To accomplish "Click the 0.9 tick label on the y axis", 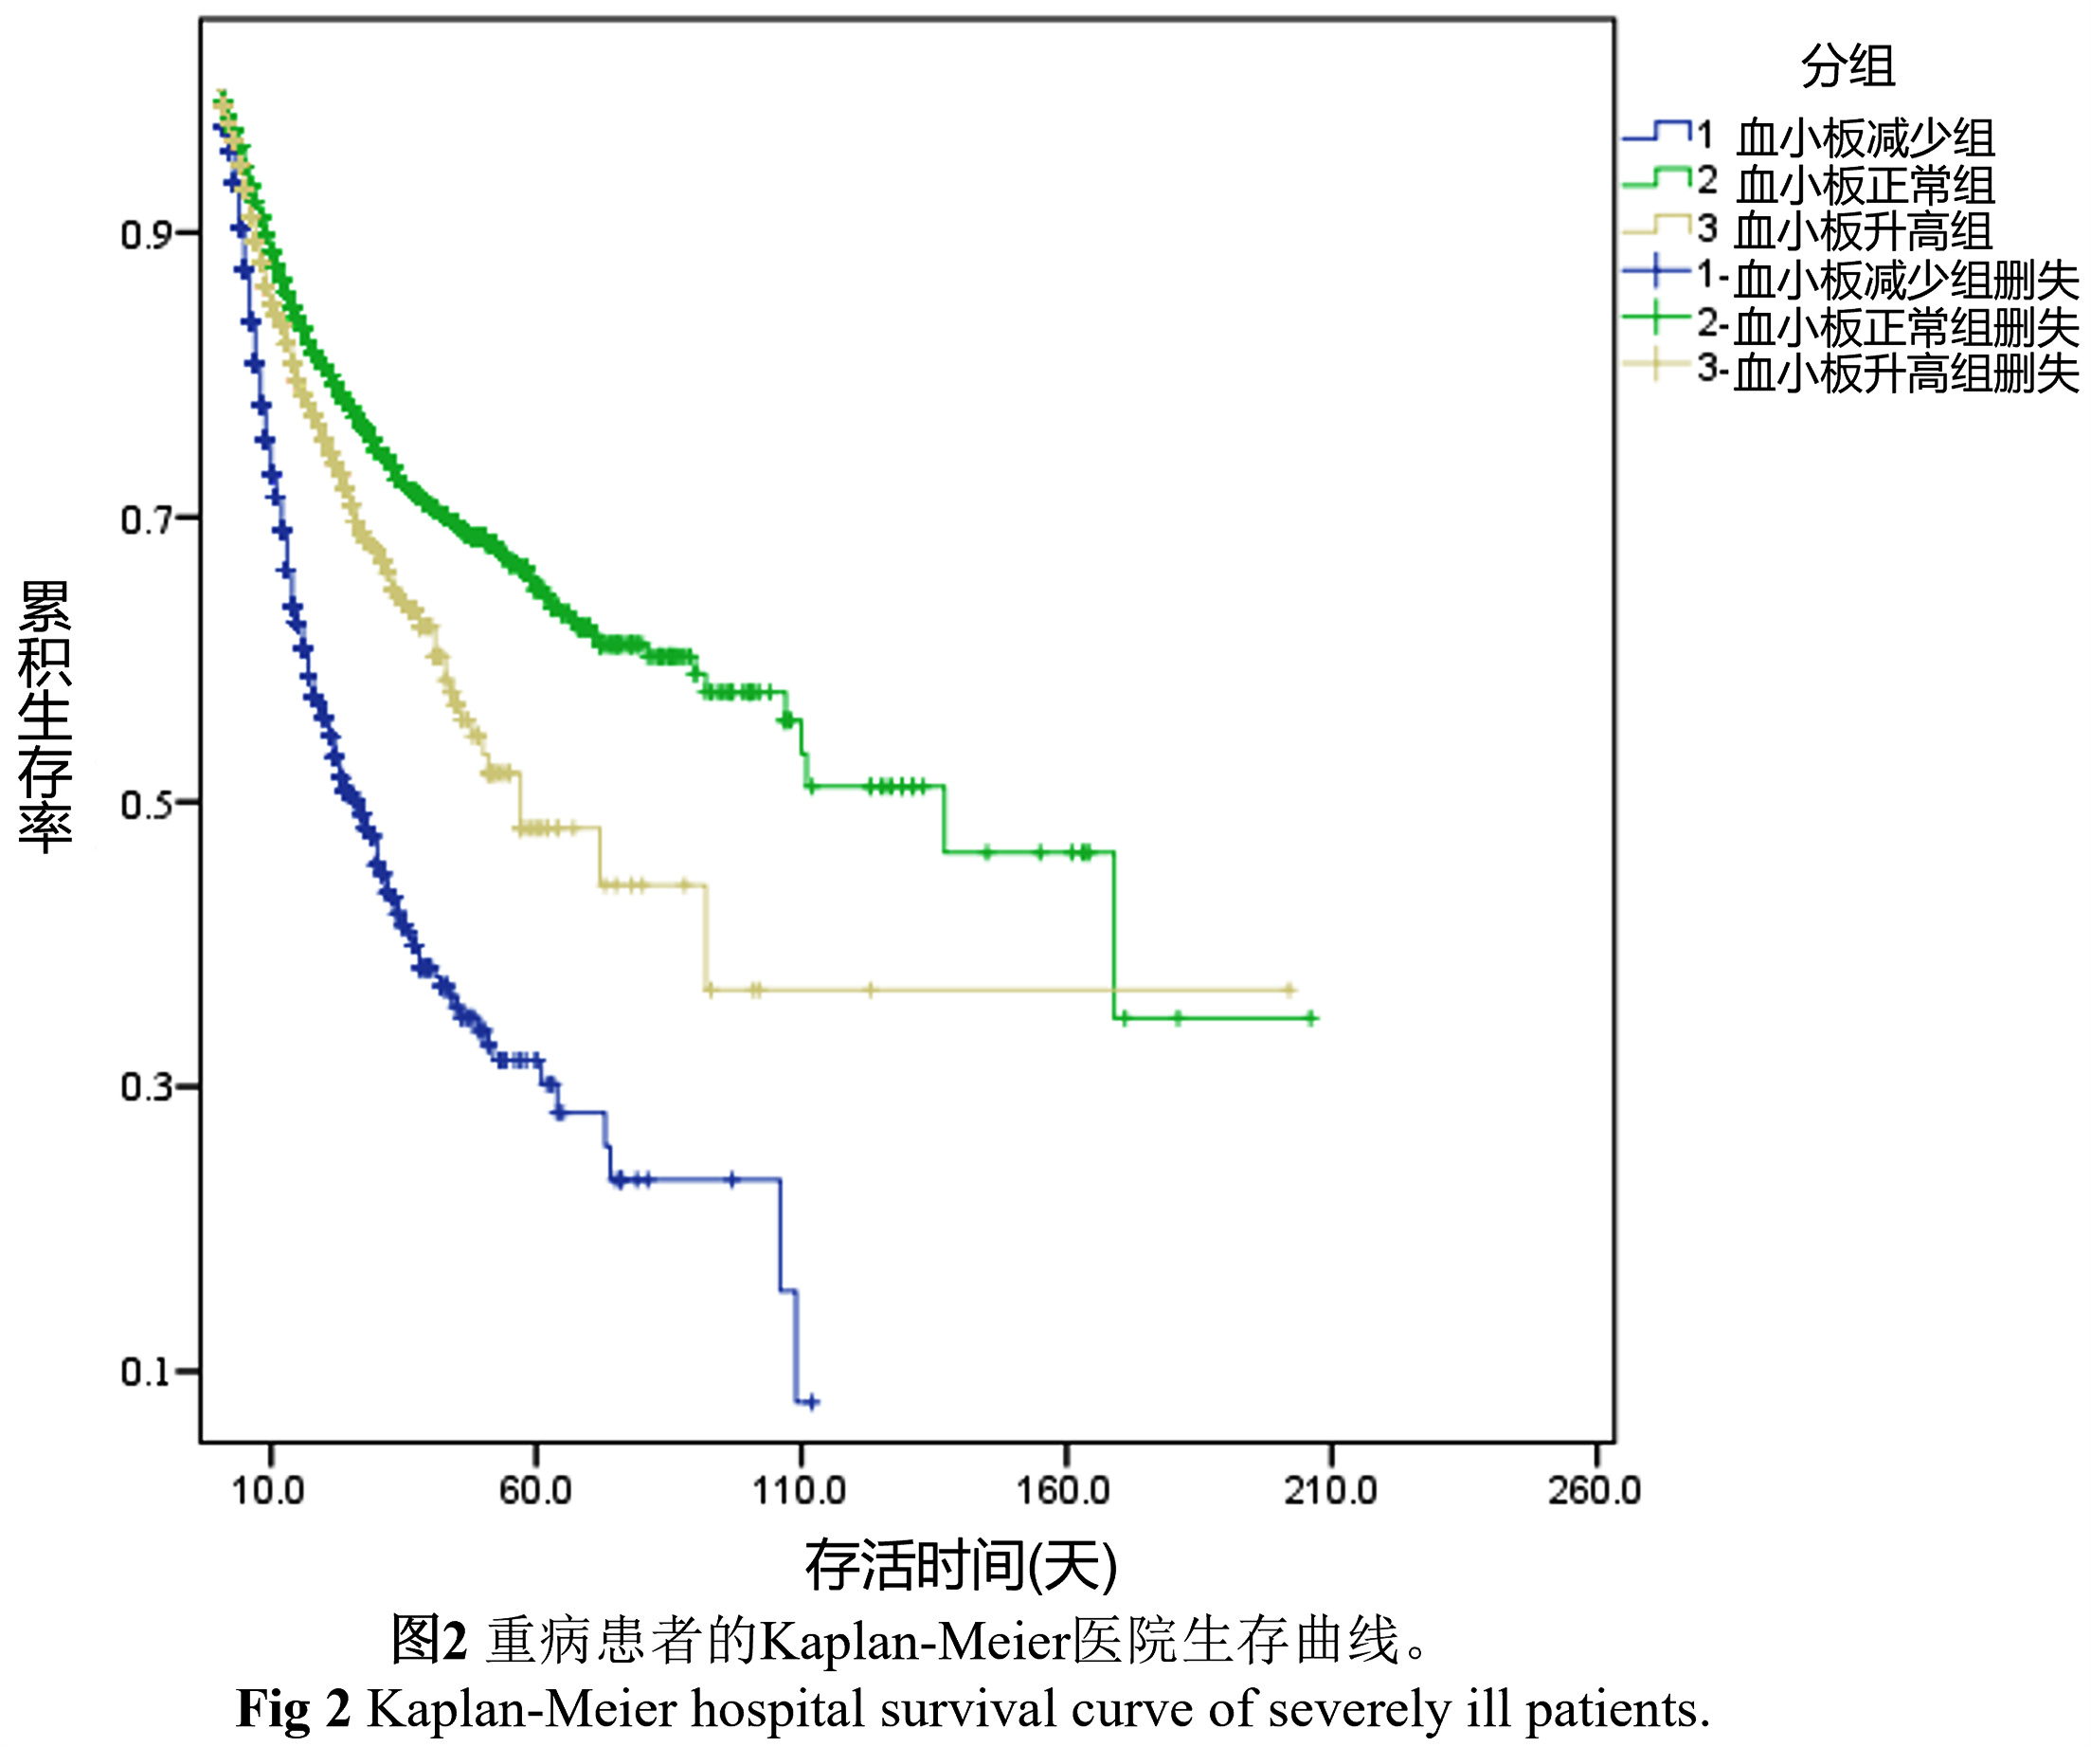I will (144, 235).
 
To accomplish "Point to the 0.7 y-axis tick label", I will (144, 519).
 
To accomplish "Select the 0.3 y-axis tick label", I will (144, 1087).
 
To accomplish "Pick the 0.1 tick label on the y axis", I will (144, 1373).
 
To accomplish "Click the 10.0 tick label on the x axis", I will (268, 1491).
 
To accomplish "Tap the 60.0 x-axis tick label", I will (534, 1491).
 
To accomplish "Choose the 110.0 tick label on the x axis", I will (800, 1491).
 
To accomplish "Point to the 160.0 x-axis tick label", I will (1063, 1491).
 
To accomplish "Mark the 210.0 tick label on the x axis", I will (1330, 1491).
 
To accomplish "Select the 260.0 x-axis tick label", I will (1595, 1491).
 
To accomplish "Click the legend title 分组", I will (1848, 66).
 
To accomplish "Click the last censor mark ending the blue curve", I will (813, 1402).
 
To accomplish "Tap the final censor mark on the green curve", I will (1311, 1018).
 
